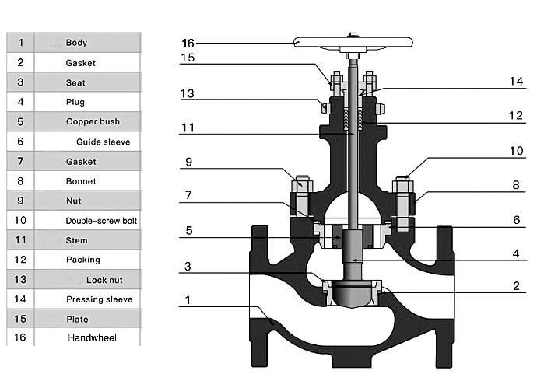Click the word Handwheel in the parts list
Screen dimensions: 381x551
93,338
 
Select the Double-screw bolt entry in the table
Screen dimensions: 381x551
101,221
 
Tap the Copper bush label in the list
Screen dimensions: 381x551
93,121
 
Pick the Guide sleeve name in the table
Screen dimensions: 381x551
103,142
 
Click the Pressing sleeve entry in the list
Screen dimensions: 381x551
99,299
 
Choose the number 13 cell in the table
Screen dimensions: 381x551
21,279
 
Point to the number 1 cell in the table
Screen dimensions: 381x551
21,43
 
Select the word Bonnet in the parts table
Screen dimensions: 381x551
81,180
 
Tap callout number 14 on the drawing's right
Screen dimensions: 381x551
517,80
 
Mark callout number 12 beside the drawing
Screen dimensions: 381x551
517,115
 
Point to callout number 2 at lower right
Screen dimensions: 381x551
517,285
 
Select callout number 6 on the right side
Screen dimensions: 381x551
517,220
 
